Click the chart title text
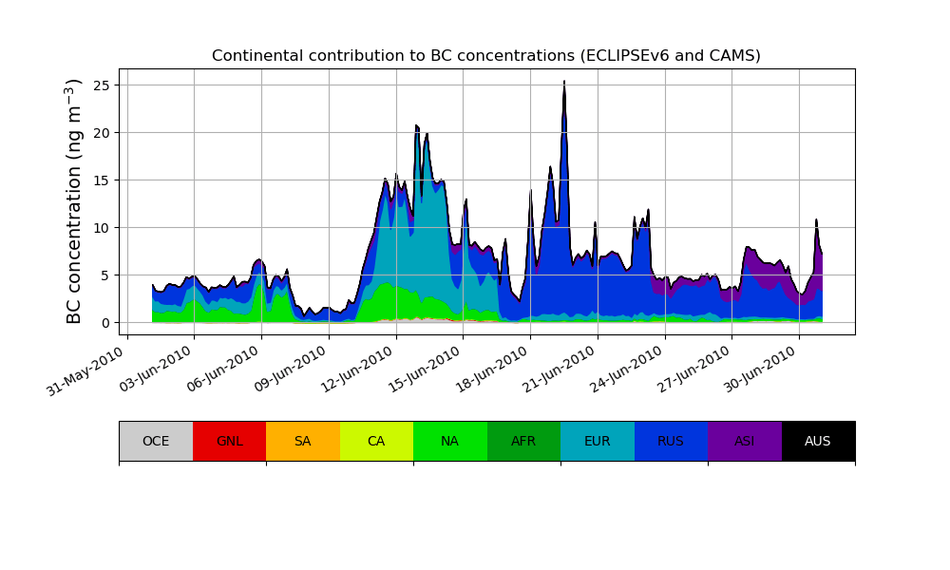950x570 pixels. [485, 56]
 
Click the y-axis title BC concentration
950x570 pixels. [75, 201]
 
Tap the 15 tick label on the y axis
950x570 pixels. [102, 180]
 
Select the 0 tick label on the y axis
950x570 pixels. [105, 323]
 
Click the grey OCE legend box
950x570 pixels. [156, 441]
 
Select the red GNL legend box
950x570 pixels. [229, 441]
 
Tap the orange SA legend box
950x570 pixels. [303, 441]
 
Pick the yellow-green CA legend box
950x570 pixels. [376, 441]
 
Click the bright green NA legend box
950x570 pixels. [450, 441]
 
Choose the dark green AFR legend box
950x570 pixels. [523, 441]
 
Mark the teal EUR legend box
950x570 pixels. [598, 441]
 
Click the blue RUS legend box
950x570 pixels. [671, 441]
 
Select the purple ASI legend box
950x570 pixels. [745, 441]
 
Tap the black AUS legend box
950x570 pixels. [818, 441]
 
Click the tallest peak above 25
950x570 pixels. [564, 82]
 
